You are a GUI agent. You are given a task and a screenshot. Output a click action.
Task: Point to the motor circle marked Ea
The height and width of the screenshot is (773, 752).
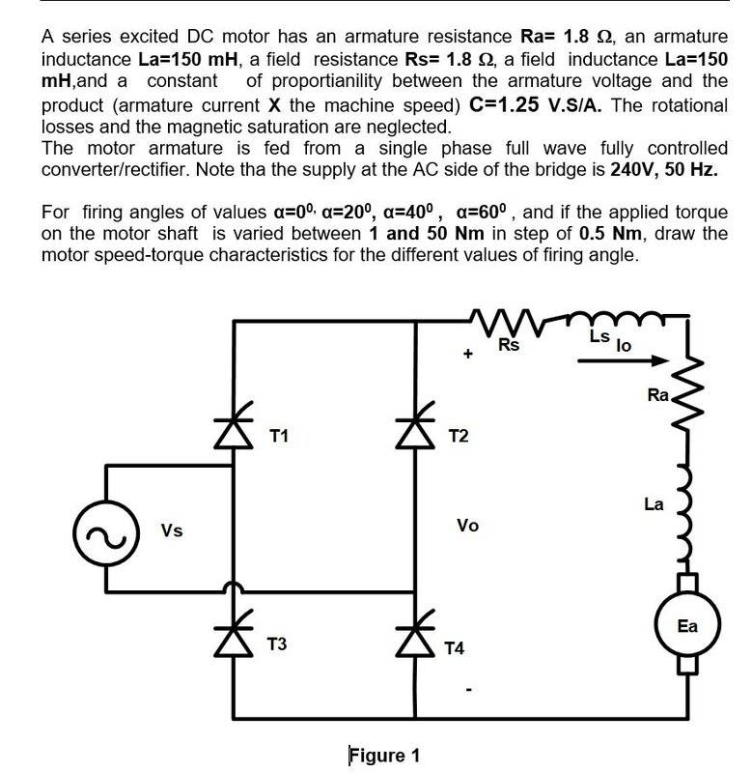686,626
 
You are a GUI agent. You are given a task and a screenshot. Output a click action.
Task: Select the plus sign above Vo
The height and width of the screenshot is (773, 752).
468,355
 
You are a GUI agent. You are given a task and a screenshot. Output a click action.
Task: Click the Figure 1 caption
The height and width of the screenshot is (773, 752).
384,755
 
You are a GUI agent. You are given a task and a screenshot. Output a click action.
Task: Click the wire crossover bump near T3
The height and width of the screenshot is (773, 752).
231,588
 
